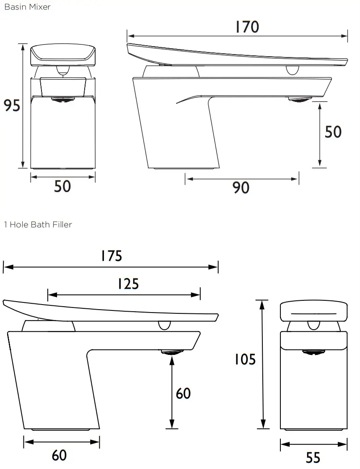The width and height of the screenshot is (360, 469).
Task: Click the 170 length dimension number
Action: point(247,27)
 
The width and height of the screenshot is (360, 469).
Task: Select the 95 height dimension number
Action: point(12,106)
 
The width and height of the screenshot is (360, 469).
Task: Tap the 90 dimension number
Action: point(241,188)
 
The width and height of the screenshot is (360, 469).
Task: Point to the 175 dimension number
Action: point(111,256)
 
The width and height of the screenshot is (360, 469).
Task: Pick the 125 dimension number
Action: point(128,284)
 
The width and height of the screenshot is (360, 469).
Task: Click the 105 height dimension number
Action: point(245,360)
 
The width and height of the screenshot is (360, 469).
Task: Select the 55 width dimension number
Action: point(313,457)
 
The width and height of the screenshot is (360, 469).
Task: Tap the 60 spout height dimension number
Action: point(183,393)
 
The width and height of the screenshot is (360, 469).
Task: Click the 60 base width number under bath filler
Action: point(59,455)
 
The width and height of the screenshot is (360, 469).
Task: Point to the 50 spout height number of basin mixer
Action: point(333,132)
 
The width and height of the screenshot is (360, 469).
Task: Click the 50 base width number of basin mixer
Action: point(62,186)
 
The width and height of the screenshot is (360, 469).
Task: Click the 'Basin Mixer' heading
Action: point(27,7)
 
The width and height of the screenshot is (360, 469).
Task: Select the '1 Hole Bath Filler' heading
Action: point(38,225)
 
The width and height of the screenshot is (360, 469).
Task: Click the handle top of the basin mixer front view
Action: point(63,54)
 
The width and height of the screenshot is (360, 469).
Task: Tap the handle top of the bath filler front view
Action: point(313,311)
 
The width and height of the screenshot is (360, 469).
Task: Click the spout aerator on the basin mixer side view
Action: point(300,100)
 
